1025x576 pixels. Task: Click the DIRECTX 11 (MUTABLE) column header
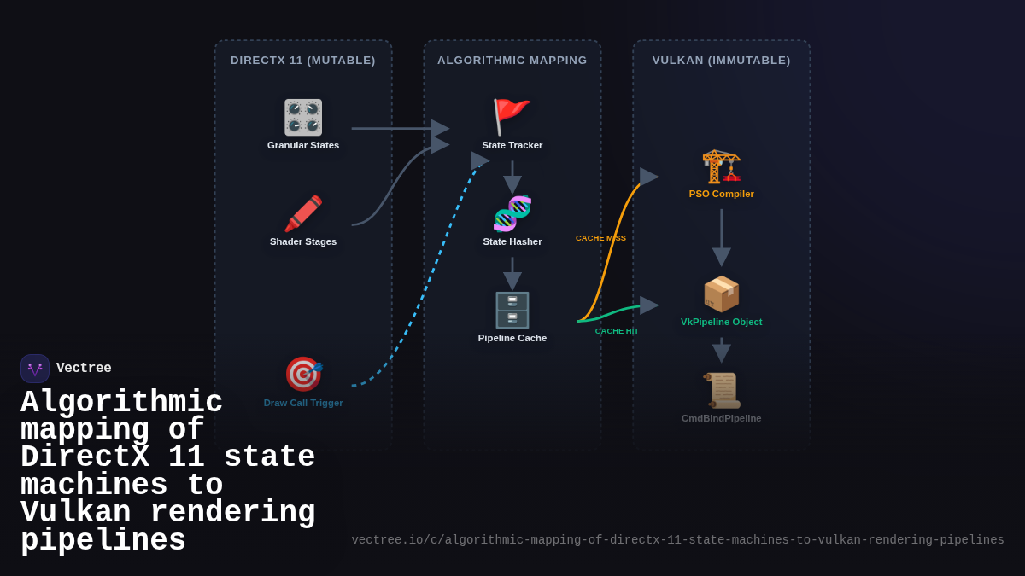tap(303, 61)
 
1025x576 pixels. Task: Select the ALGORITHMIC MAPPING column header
tap(512, 61)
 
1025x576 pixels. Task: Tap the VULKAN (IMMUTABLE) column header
tap(722, 61)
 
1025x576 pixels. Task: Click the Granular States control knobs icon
tap(303, 117)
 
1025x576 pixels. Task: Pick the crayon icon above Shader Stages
tap(303, 213)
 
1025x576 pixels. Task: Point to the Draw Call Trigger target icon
tap(303, 374)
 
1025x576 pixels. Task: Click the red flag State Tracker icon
tap(512, 117)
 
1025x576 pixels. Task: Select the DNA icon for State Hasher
tap(512, 213)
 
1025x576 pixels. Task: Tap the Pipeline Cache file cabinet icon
tap(512, 310)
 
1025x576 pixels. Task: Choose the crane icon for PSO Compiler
tap(722, 166)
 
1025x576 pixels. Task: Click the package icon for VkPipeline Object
tap(722, 294)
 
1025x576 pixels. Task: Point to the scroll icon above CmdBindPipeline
tap(722, 390)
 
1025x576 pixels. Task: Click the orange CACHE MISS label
tap(600, 238)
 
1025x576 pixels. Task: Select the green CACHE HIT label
tap(617, 331)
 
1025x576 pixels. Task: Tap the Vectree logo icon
tap(35, 369)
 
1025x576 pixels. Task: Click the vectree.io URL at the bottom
tap(677, 540)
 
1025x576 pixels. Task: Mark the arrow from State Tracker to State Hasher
tap(512, 177)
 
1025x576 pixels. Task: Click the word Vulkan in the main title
tap(76, 513)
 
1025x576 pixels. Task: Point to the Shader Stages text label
tap(303, 241)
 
